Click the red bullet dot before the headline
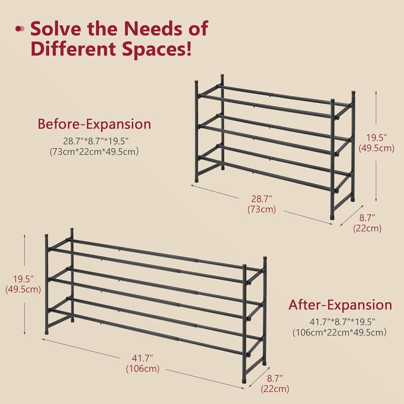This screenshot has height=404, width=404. click(x=19, y=29)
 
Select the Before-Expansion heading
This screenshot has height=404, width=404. click(x=94, y=124)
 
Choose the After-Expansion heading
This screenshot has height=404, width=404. click(x=340, y=305)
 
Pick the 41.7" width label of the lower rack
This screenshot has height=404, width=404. click(x=142, y=358)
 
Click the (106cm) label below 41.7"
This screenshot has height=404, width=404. click(x=142, y=368)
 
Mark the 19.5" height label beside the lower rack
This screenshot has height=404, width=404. click(x=23, y=279)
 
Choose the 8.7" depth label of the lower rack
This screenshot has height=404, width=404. click(x=275, y=379)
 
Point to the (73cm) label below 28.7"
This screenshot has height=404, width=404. click(x=261, y=210)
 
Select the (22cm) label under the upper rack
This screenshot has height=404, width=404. click(x=367, y=228)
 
